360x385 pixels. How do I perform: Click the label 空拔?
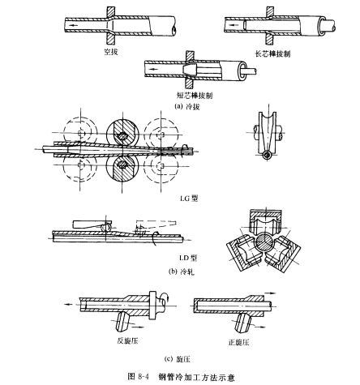(111, 52)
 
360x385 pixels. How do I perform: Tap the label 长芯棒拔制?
(272, 53)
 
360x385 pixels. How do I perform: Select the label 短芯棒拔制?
(195, 96)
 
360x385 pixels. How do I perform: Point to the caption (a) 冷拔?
(187, 106)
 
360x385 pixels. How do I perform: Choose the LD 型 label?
(188, 258)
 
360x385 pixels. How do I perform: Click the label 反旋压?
(127, 340)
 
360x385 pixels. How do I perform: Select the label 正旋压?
(238, 342)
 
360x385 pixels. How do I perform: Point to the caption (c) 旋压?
(178, 359)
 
